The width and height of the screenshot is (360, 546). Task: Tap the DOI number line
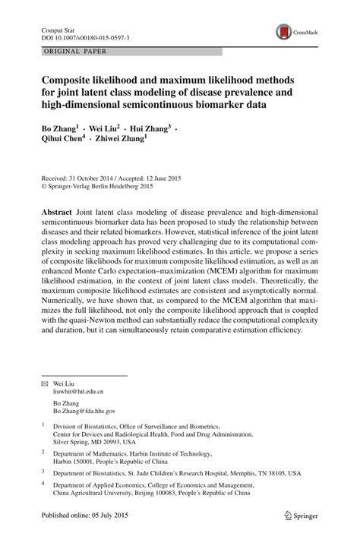(85, 36)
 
